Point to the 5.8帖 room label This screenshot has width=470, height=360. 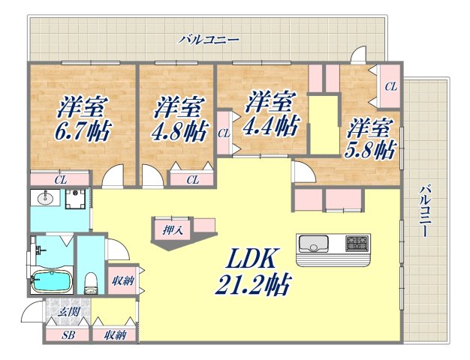369,149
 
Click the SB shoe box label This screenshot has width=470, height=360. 68,334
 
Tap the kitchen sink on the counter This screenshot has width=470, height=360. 312,244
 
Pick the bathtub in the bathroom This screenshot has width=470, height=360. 52,283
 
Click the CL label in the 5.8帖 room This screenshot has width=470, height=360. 390,87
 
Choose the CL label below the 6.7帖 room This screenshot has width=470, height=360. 59,179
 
